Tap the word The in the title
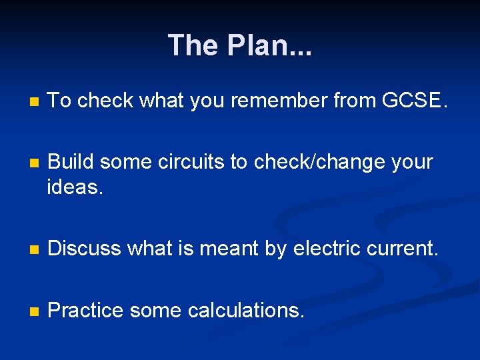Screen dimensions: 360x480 pos(193,45)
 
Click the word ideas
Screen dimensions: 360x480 pos(75,187)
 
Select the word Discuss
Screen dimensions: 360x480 pos(85,248)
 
